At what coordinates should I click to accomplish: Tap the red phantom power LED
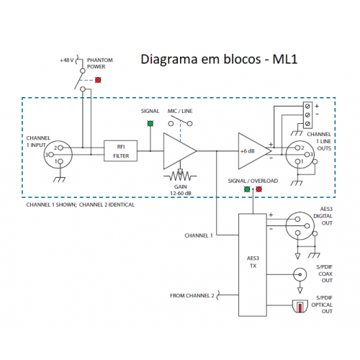(x=98, y=80)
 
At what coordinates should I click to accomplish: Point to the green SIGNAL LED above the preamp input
(x=150, y=124)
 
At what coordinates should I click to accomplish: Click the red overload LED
(x=258, y=189)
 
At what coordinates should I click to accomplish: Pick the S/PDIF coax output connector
(x=300, y=274)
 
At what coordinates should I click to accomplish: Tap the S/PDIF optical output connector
(x=300, y=306)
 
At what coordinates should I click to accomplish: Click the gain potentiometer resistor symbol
(x=180, y=176)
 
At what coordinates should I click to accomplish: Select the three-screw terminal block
(x=307, y=114)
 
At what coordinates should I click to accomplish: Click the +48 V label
(x=66, y=60)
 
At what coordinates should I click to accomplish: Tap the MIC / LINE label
(x=180, y=111)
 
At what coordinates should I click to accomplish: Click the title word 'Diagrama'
(x=169, y=59)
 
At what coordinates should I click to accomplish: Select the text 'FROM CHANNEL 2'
(x=192, y=295)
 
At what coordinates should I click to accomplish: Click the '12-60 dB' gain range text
(x=181, y=193)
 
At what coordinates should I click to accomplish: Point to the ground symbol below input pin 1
(x=59, y=179)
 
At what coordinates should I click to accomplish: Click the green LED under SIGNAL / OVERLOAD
(x=247, y=189)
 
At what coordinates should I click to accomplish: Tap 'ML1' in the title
(x=285, y=59)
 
